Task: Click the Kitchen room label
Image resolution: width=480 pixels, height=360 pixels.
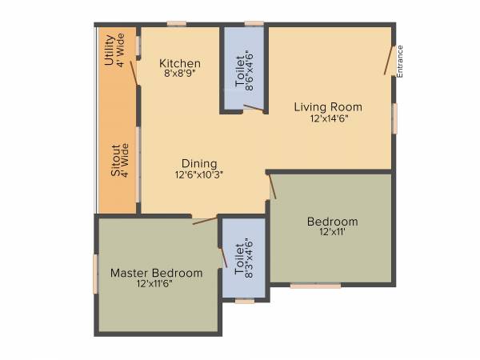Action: [179, 64]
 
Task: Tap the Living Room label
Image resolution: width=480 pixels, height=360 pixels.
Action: [327, 106]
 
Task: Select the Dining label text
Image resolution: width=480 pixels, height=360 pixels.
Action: [198, 163]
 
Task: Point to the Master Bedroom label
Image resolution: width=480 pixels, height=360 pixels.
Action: [156, 273]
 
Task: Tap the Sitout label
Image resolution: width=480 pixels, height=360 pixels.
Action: [116, 159]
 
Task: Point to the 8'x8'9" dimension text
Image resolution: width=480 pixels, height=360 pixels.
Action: [179, 74]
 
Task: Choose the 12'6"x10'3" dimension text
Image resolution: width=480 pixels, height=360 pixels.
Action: [198, 174]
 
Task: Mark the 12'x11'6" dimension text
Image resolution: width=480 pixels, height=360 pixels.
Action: [156, 284]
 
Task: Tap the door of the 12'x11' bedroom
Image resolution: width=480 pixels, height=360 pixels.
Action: [272, 186]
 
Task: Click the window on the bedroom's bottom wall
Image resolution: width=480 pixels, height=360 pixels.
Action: [315, 285]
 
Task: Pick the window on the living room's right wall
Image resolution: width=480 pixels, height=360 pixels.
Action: [394, 118]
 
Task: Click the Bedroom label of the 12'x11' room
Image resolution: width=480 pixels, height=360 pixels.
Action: [331, 222]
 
